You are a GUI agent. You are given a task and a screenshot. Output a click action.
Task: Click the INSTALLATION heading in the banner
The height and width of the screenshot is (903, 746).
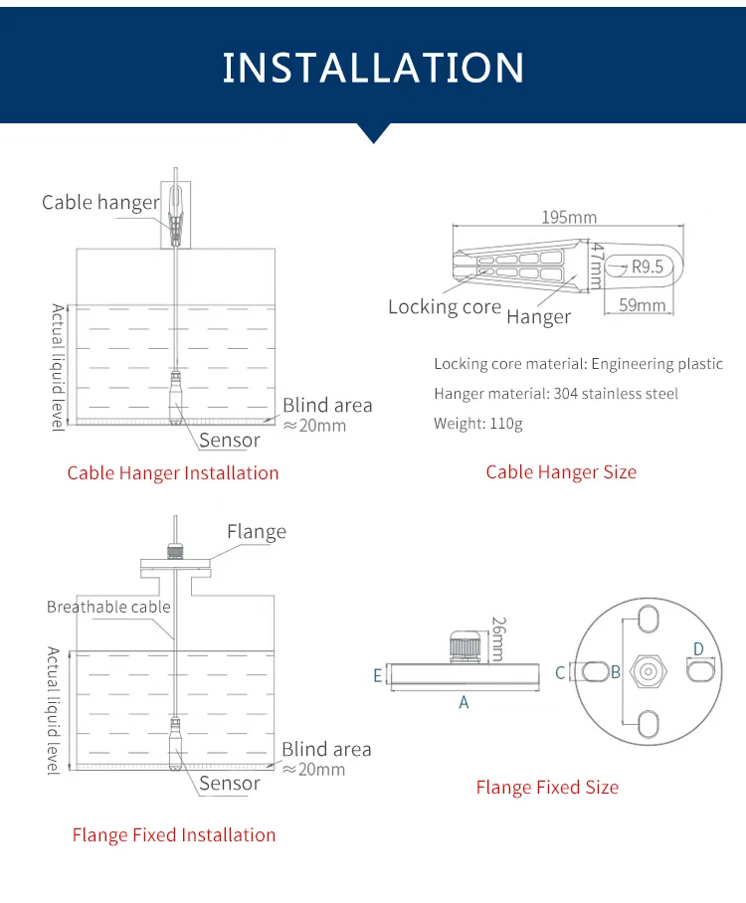373,68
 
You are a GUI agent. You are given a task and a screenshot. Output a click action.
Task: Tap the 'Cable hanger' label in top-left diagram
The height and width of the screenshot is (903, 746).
100,203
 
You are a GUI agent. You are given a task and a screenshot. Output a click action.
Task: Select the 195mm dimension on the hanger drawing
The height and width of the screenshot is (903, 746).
569,217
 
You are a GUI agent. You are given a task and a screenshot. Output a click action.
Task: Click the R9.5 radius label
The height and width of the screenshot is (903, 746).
647,267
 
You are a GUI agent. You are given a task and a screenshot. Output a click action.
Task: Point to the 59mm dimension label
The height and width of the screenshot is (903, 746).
642,305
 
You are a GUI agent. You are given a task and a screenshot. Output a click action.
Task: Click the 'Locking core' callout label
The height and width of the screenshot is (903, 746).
445,307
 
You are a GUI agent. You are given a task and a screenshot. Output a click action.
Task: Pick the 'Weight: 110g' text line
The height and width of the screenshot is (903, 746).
477,424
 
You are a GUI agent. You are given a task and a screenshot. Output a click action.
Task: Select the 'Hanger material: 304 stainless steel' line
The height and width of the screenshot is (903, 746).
556,394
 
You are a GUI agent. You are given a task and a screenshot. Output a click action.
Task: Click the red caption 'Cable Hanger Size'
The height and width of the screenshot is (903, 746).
561,472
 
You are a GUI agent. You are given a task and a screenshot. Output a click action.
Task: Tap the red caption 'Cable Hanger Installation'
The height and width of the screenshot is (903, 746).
173,473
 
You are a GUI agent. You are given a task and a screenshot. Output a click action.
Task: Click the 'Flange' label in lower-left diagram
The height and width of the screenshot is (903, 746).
256,532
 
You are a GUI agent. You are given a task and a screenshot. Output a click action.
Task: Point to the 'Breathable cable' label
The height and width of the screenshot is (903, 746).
108,607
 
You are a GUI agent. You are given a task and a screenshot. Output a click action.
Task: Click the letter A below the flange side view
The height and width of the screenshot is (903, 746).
464,702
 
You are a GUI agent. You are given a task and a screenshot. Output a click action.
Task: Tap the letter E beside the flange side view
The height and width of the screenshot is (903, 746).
378,675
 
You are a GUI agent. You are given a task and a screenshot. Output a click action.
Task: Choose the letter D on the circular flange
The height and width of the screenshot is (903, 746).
698,649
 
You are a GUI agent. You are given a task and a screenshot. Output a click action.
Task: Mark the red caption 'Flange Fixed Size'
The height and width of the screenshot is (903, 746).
547,788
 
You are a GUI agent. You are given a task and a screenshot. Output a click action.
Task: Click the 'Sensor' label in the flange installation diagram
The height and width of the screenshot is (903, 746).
230,784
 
